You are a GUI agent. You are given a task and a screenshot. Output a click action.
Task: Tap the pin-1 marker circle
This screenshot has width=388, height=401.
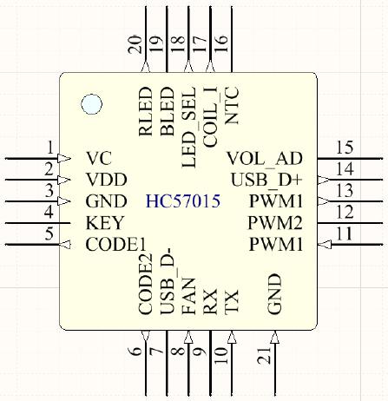point(91,105)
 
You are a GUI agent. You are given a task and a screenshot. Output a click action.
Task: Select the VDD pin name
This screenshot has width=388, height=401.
point(107,181)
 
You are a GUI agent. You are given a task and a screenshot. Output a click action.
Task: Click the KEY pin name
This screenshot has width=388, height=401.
point(105,223)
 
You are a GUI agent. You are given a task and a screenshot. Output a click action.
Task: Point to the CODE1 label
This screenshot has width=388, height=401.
point(115,245)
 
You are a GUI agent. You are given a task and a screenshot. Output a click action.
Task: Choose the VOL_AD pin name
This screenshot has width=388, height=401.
point(265,159)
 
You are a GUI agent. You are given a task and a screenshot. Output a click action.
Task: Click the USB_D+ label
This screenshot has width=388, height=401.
point(266,181)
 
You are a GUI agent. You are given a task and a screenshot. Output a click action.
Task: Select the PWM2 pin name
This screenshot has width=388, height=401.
point(275,223)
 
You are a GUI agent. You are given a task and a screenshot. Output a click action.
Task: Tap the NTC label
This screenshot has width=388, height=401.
point(232,105)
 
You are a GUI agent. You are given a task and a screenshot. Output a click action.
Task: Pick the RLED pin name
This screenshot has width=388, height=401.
point(146,110)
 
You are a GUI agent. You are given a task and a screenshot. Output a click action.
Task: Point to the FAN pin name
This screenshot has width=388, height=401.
point(188,297)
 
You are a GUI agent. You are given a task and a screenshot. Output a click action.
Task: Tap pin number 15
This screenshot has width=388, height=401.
point(344,148)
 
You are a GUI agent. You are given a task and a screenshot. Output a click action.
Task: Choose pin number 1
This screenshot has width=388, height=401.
point(51,148)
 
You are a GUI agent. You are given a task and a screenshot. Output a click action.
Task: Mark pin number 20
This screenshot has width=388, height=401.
point(135,45)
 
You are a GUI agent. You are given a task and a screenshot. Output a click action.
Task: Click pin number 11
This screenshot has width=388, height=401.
point(344,233)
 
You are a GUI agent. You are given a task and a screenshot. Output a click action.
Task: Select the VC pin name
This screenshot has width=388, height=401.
point(99,159)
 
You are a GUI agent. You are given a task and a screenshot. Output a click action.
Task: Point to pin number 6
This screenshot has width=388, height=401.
point(135,352)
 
